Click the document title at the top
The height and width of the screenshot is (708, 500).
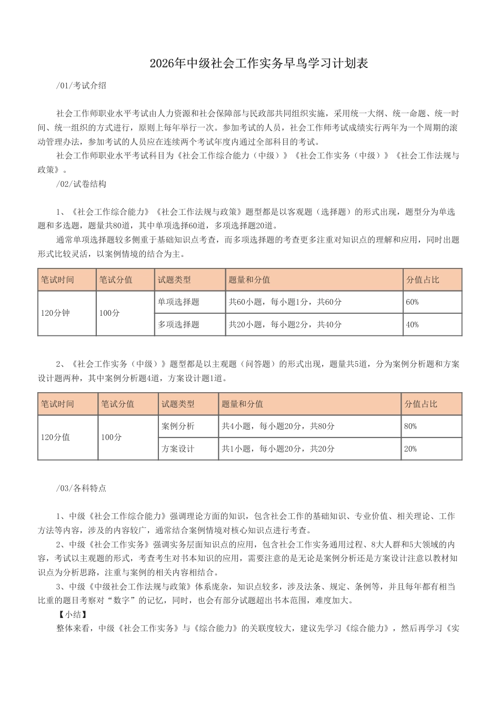click(x=258, y=64)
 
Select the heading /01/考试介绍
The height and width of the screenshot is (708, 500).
click(x=81, y=86)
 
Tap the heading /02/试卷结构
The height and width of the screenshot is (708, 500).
click(x=81, y=184)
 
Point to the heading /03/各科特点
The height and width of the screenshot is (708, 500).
click(x=81, y=488)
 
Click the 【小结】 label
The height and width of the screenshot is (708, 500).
click(x=73, y=614)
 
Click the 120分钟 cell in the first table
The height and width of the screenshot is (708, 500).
click(x=55, y=313)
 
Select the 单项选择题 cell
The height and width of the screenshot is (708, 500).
click(x=178, y=302)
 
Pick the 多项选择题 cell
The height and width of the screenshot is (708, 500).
click(x=178, y=325)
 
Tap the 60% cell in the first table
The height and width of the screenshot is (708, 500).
click(x=412, y=302)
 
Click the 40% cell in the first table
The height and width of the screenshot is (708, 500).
click(x=412, y=325)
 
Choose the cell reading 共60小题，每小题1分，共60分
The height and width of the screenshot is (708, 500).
click(x=285, y=302)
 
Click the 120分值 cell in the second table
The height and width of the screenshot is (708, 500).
click(x=55, y=437)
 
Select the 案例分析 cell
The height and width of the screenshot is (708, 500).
click(x=178, y=426)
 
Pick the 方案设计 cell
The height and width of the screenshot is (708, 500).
click(x=178, y=449)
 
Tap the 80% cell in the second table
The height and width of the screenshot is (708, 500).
click(x=411, y=426)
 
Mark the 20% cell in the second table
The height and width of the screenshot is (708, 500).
click(x=411, y=449)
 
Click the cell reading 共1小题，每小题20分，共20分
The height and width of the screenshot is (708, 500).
click(x=278, y=449)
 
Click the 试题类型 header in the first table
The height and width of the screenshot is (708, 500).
click(x=174, y=280)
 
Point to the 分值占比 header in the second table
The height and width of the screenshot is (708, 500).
click(x=421, y=404)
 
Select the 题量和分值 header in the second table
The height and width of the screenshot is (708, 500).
click(x=242, y=404)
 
